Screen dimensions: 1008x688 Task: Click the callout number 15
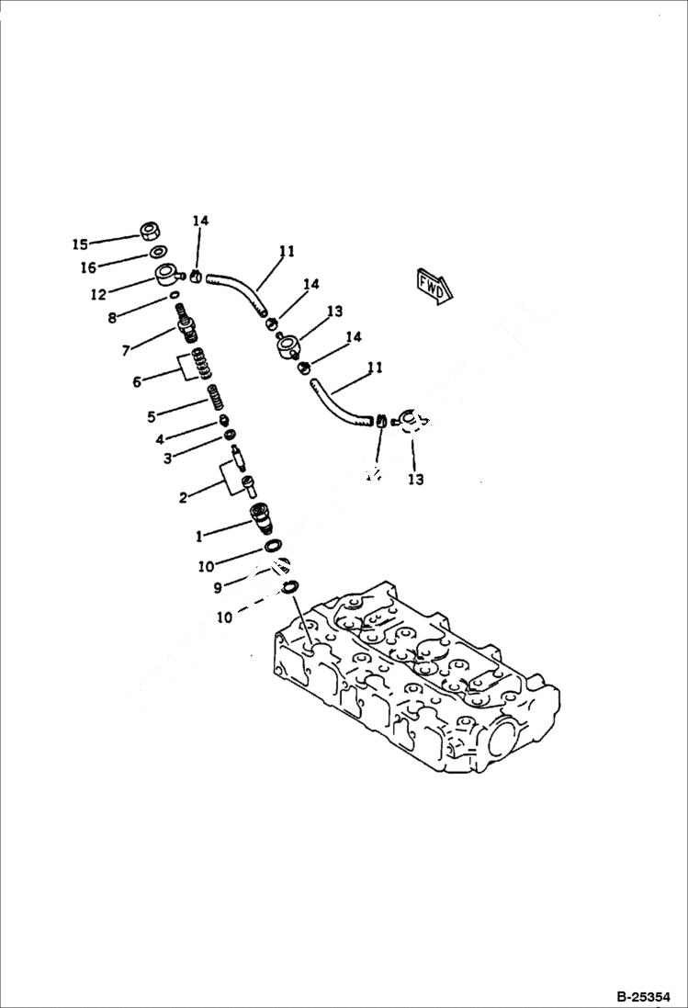click(81, 244)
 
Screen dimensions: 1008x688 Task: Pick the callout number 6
click(137, 381)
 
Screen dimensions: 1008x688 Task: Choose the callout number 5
click(152, 416)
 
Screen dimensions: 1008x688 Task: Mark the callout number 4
click(160, 439)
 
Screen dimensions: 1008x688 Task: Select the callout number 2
click(183, 497)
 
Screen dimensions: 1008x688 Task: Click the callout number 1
click(199, 536)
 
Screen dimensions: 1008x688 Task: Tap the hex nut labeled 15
click(148, 231)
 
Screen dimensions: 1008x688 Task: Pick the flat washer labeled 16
click(157, 253)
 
